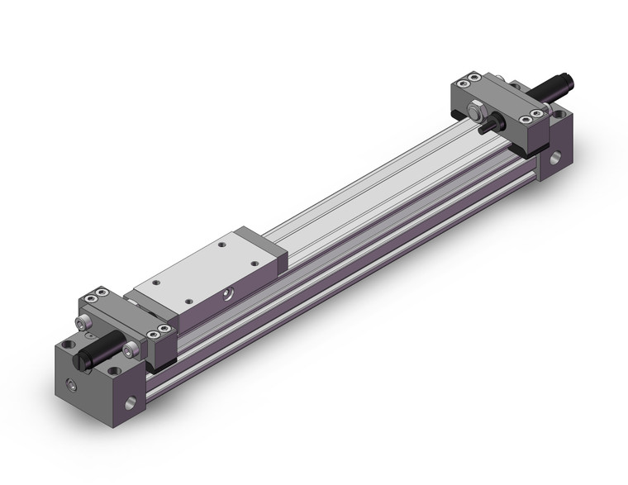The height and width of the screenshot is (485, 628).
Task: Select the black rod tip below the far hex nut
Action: click(x=489, y=125)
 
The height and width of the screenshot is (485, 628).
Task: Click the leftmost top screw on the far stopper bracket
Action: click(x=459, y=83)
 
